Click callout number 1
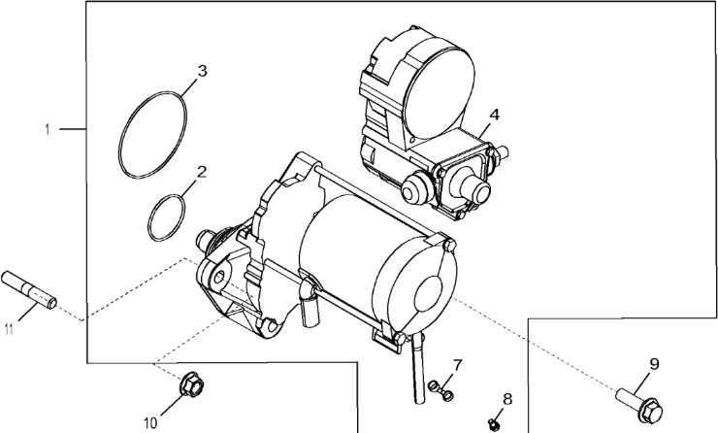[x=46, y=128]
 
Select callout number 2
[x=202, y=172]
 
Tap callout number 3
[x=202, y=71]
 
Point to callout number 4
[x=494, y=115]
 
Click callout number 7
[x=457, y=364]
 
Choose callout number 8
[x=506, y=398]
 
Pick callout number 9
[x=653, y=364]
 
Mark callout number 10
[x=150, y=421]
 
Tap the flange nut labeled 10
[x=187, y=386]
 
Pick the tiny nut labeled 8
[x=495, y=422]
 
